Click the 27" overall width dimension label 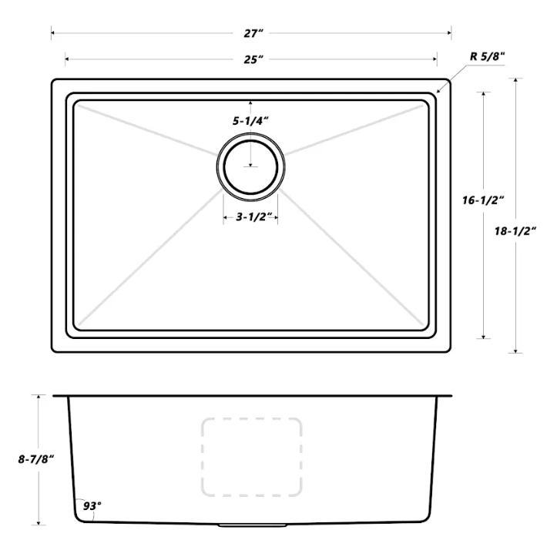[x=250, y=33]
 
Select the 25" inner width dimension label [x=250, y=59]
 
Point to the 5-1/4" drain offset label [x=251, y=121]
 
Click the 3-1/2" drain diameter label [x=250, y=218]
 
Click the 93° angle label [x=92, y=506]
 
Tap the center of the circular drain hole [x=250, y=165]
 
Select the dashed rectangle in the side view [x=251, y=456]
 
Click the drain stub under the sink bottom [x=251, y=525]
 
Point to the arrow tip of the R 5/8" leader [x=439, y=92]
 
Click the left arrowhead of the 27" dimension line [x=52, y=33]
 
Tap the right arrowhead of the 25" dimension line [x=437, y=59]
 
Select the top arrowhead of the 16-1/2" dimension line [x=483, y=93]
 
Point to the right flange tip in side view [x=451, y=397]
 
